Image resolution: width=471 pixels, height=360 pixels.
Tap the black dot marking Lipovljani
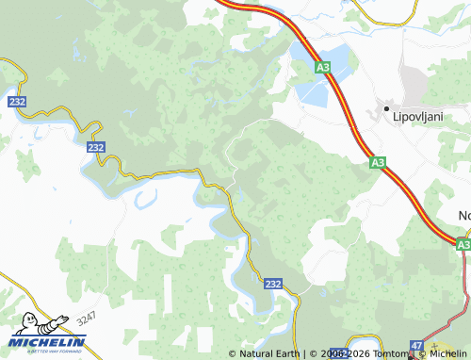tap(386, 110)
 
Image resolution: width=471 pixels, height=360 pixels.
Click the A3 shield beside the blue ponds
tap(323, 68)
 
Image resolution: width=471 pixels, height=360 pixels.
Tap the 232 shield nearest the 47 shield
tap(272, 284)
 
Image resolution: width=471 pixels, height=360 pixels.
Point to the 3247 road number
tap(88, 319)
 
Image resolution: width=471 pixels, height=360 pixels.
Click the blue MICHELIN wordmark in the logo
tap(49, 342)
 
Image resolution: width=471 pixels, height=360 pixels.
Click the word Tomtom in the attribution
tap(392, 354)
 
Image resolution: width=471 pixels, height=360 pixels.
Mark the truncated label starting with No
tap(463, 216)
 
